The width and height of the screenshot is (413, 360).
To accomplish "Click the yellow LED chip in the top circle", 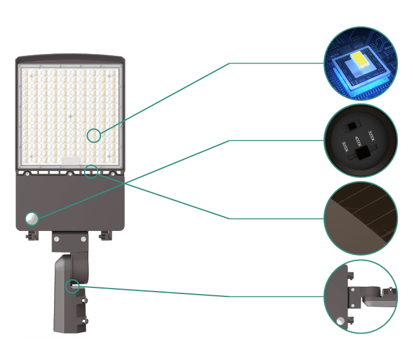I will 361,59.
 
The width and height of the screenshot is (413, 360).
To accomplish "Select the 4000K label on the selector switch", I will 358,143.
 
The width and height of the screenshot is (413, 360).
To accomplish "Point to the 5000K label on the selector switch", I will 345,147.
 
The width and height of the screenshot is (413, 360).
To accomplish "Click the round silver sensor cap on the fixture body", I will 31,218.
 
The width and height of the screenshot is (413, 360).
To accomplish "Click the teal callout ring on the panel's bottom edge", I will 91,172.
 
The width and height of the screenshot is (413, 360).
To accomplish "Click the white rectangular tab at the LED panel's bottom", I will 71,161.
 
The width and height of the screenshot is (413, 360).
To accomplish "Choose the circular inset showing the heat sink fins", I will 361,218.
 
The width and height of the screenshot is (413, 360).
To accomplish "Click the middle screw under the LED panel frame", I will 70,174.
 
